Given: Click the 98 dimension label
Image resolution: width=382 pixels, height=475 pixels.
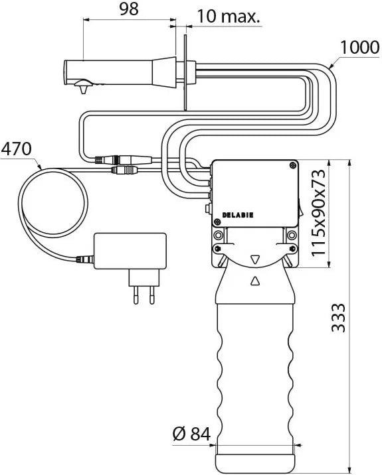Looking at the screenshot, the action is (129, 9).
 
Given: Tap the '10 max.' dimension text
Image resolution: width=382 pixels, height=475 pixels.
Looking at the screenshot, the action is (229, 16).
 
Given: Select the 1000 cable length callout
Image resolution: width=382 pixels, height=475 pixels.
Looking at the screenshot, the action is (360, 47).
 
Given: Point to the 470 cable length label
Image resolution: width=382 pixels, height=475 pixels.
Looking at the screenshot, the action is (16, 149).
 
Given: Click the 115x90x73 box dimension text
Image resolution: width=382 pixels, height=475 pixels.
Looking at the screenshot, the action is (318, 213).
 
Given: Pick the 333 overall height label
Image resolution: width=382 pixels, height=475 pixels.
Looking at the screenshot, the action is (338, 318).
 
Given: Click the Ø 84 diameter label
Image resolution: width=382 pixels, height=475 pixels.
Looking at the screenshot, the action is (191, 434).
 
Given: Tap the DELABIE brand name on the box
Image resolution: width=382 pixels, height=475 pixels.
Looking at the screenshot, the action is (238, 215).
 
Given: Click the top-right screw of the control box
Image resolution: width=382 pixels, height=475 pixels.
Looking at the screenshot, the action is (292, 165).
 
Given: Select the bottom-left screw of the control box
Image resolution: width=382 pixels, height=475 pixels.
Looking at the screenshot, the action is (217, 222).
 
